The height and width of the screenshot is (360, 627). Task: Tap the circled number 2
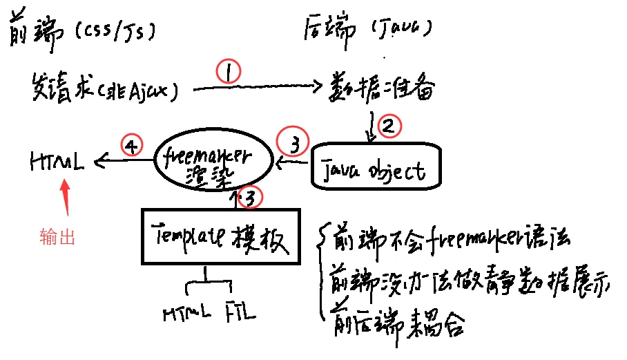(388, 126)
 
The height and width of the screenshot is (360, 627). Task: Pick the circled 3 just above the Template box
(254, 199)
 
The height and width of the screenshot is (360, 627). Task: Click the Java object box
(376, 166)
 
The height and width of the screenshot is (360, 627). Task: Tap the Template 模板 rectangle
(222, 236)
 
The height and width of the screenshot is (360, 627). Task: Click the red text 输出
(57, 238)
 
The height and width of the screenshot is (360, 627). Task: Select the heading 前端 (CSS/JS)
(82, 32)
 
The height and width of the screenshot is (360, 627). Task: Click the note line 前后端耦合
(396, 322)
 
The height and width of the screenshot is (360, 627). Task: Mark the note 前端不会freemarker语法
(452, 238)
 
